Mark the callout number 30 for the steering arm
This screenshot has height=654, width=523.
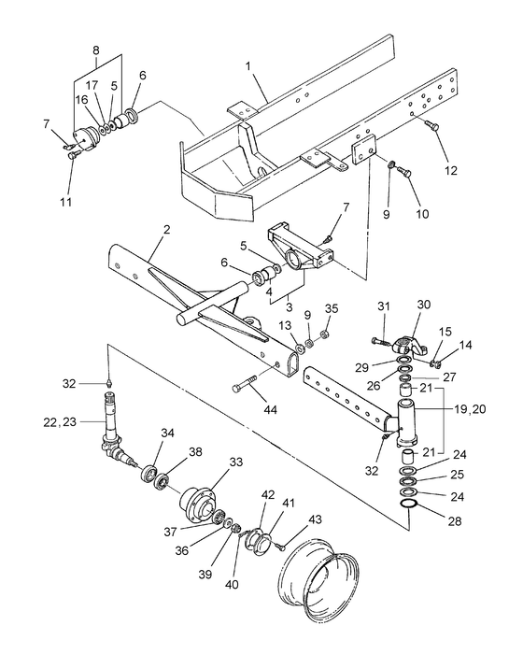[x=424, y=305]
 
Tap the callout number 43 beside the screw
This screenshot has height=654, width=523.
[x=315, y=519]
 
